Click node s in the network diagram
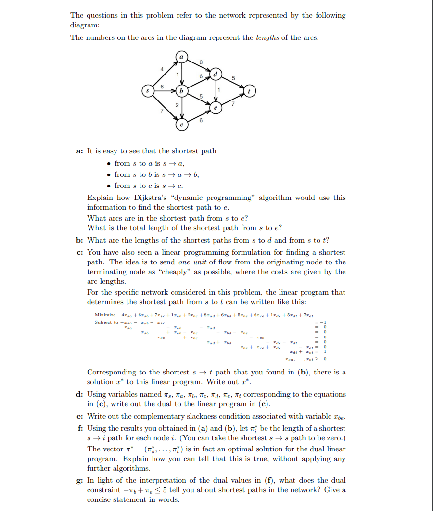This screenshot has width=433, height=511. click(x=148, y=90)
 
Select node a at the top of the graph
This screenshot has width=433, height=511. click(x=181, y=57)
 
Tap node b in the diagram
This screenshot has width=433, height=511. click(x=181, y=90)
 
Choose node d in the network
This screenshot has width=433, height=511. click(x=216, y=74)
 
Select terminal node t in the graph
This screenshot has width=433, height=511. click(x=250, y=90)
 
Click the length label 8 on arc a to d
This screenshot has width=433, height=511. click(x=201, y=62)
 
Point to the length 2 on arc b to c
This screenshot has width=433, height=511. click(x=177, y=105)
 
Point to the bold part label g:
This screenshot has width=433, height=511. click(x=79, y=480)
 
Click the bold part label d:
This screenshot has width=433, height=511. click(x=79, y=394)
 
